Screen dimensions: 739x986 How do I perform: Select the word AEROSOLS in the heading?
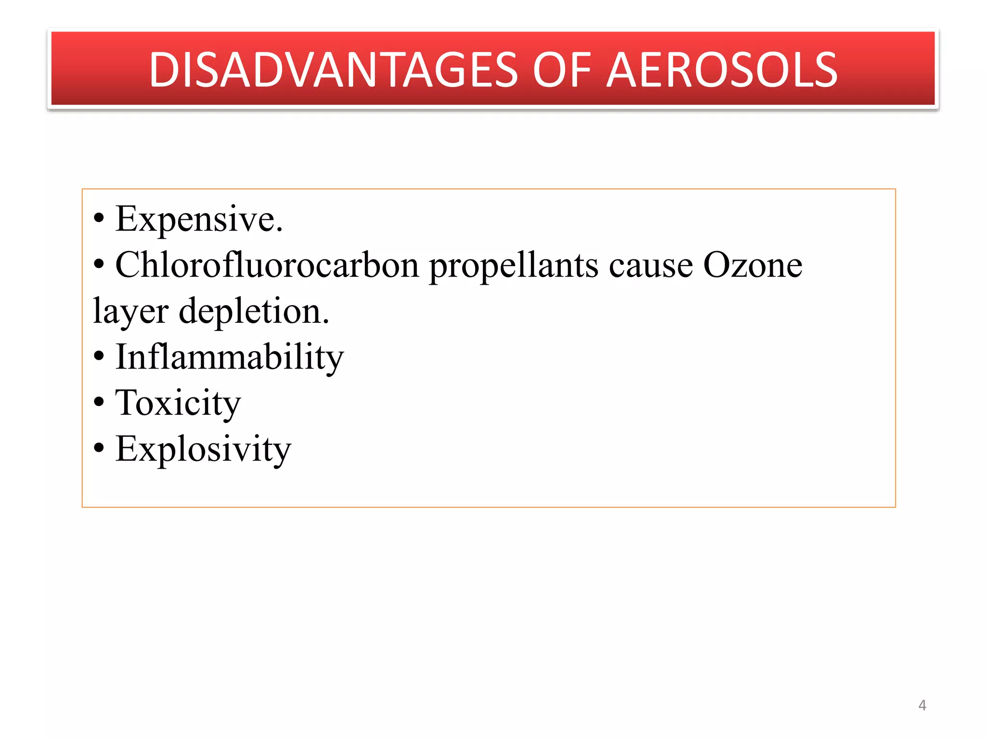[722, 70]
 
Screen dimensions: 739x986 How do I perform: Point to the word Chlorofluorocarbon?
[267, 265]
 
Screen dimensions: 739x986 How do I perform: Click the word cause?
[650, 266]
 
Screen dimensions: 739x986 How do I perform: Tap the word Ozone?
[752, 265]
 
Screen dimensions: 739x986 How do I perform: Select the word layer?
[130, 312]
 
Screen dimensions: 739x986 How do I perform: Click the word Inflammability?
[230, 357]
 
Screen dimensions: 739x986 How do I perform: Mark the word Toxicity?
[178, 403]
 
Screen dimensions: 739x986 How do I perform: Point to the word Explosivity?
[203, 449]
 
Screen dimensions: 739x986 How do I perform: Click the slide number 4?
[922, 705]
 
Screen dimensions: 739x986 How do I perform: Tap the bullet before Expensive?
[99, 219]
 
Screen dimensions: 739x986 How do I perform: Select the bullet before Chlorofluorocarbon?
[99, 265]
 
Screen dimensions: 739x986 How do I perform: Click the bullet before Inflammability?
[99, 357]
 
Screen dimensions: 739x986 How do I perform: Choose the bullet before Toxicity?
[99, 403]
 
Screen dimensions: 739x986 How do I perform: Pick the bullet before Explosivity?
[99, 449]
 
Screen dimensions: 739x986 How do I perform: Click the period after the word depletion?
[326, 322]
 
